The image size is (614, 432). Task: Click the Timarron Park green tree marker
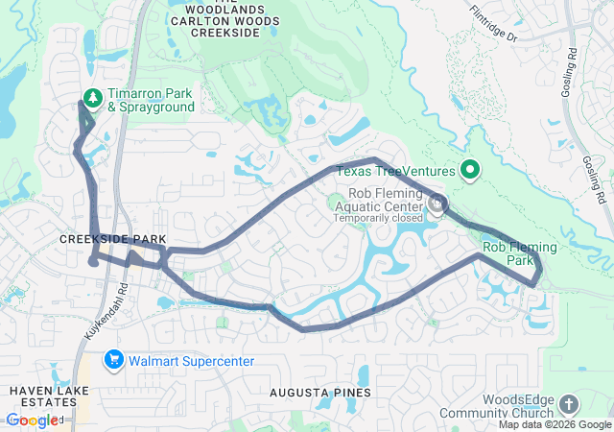pos(92,98)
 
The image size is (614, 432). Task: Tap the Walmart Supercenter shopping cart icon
pos(114,359)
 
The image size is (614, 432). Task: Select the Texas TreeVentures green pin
pos(470,171)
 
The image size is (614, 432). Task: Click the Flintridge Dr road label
pos(493,24)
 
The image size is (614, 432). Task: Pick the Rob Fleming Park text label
pos(519,253)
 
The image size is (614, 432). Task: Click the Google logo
pos(31,420)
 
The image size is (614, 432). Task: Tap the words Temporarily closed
pos(377,218)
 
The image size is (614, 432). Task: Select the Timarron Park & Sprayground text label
pos(150,101)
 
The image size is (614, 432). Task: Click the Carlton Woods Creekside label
pos(226,20)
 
